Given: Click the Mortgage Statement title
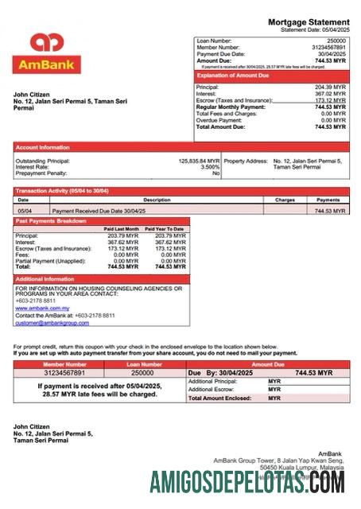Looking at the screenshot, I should [309, 21].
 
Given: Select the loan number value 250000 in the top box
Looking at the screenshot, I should [336, 40].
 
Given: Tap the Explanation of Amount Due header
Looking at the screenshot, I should [233, 76].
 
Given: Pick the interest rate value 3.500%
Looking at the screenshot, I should [209, 167].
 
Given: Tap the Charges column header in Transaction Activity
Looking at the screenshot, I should [285, 200].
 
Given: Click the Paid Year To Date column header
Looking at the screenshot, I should [165, 229].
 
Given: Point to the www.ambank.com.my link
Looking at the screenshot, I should [42, 308].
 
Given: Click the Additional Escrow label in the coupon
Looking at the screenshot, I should [212, 390].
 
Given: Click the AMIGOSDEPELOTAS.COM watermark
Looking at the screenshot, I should [247, 482].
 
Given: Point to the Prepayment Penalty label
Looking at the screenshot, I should [42, 173].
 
